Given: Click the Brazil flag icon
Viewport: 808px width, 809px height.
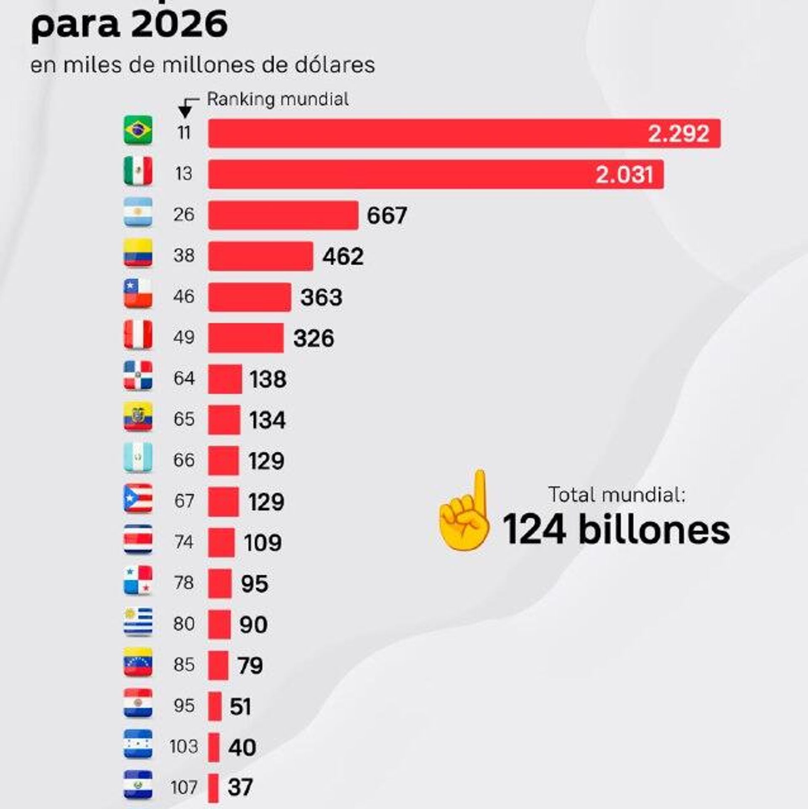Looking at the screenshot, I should click(138, 130).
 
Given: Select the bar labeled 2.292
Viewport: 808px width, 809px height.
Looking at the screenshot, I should click(464, 133).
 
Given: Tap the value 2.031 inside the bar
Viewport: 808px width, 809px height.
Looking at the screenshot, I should click(624, 174).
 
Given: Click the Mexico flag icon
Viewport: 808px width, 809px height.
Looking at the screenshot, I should click(138, 171).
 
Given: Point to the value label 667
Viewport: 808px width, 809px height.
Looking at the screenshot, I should click(387, 215).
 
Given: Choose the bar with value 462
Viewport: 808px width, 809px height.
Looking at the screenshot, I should click(260, 256).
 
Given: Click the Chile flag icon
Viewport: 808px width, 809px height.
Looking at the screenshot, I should click(138, 293).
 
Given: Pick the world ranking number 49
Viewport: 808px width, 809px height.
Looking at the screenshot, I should click(184, 337).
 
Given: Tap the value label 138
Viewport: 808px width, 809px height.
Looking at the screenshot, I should click(268, 379).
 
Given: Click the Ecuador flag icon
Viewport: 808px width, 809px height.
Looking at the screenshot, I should click(138, 416).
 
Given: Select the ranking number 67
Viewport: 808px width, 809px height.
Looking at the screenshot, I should click(184, 501).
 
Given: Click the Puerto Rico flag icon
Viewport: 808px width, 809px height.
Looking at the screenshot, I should click(138, 499).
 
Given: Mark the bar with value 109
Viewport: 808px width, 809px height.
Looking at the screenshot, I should click(221, 542).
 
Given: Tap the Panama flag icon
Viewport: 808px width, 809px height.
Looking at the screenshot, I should click(138, 581).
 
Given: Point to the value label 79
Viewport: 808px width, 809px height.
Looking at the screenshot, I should click(250, 665).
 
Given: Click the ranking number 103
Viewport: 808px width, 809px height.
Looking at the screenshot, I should click(183, 747).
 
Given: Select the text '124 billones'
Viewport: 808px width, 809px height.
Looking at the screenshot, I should click(616, 530).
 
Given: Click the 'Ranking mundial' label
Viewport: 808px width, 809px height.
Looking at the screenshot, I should click(278, 100).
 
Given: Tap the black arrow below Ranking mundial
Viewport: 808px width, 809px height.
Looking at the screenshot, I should click(185, 111).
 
